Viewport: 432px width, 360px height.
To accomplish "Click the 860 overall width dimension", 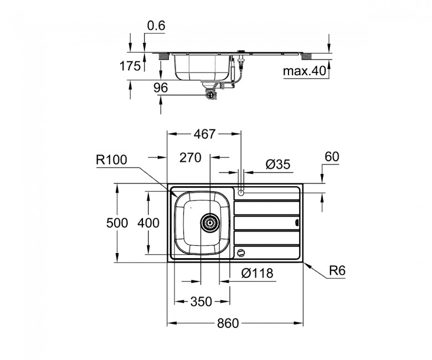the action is tap(228, 323).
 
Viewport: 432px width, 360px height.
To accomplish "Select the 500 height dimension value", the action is tap(117, 223).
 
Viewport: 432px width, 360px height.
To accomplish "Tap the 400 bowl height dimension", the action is tap(148, 223).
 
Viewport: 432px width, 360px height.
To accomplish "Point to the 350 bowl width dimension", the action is tap(201, 302).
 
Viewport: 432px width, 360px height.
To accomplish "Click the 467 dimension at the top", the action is tap(204, 134).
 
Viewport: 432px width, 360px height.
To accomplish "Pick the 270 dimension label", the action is tap(191, 158).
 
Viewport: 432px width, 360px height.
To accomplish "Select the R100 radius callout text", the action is tap(111, 160).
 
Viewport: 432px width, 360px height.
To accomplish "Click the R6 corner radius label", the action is tap(337, 271).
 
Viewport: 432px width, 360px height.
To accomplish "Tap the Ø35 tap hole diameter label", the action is tap(278, 164).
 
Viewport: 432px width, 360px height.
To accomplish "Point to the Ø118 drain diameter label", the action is tap(258, 273).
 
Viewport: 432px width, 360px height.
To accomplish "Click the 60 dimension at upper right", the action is tap(332, 157).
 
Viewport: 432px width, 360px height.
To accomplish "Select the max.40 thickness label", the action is tap(305, 71).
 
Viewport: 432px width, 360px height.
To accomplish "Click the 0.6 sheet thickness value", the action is tap(156, 25).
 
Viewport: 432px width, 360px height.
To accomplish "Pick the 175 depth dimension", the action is tap(130, 66).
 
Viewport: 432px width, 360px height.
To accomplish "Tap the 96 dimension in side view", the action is tap(161, 88).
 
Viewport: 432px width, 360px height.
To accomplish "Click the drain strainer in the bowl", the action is tap(210, 223).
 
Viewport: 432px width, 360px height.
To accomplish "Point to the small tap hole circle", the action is tap(241, 193).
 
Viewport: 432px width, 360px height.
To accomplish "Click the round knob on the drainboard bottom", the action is tap(241, 253).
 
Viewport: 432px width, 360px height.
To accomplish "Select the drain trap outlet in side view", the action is tap(211, 95).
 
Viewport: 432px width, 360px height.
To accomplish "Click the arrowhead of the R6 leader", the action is tap(304, 264).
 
